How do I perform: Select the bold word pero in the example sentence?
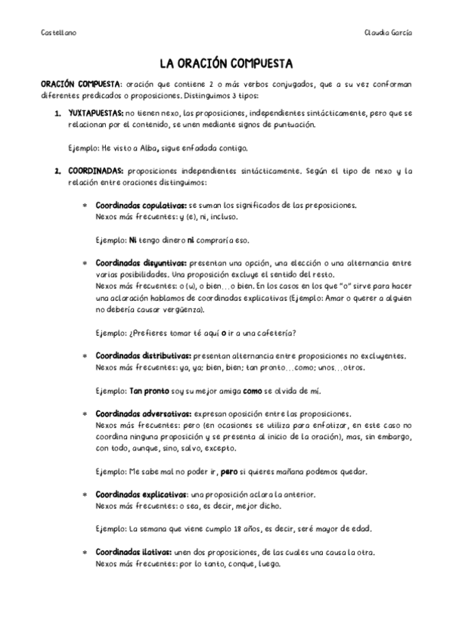(228, 472)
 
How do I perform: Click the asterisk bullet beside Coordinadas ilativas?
(85, 553)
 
